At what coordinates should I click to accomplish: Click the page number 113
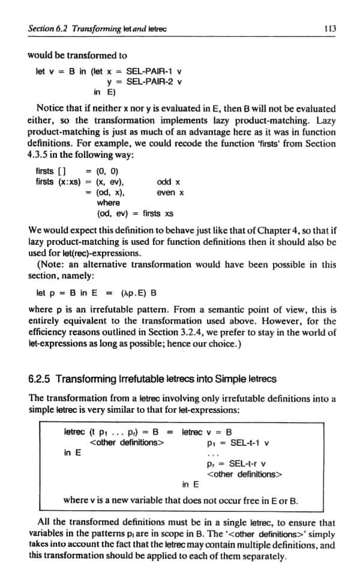point(328,28)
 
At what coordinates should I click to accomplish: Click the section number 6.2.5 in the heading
point(41,380)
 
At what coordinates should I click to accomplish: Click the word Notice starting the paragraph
point(51,109)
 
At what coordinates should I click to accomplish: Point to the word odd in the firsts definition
point(164,182)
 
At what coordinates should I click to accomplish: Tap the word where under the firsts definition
point(108,203)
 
